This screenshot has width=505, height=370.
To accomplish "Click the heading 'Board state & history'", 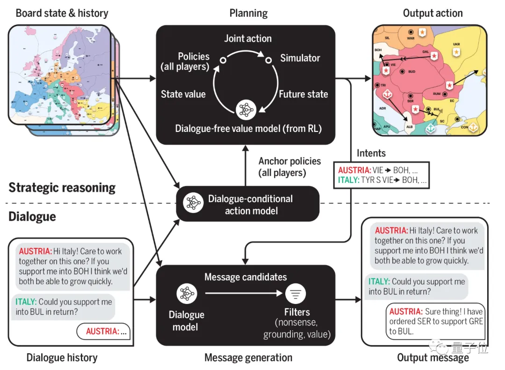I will coord(62,13).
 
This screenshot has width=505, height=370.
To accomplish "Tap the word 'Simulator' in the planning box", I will coord(300,58).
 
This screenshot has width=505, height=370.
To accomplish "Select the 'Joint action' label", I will coord(248,38).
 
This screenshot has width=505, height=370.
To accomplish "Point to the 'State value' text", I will coord(183,94).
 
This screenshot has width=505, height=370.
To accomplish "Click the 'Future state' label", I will coord(303,94).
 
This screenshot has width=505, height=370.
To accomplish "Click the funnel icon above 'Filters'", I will coord(296,293).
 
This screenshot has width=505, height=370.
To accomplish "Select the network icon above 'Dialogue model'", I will coord(186,293).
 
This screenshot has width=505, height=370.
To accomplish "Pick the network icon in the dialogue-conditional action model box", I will coord(193,203).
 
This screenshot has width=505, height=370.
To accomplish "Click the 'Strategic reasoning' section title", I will coord(62,188).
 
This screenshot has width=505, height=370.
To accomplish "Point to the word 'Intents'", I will coord(371,153).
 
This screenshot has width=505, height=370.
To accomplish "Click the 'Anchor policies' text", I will coord(289,161).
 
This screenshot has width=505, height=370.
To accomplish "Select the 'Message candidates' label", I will coord(245,277).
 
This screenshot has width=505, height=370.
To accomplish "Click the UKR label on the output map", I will coord(456,44).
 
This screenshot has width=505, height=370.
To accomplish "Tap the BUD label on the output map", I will coord(412,72).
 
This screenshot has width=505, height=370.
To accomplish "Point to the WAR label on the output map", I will coord(411,38).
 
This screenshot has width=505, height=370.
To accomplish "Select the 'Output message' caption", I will coord(433,358).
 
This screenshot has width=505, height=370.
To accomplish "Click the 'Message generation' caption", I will coord(248,358).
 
